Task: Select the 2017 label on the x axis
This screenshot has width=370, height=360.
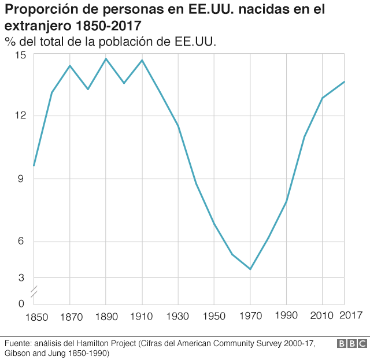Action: coord(350,316)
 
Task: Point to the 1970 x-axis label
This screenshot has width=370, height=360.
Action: coord(250,316)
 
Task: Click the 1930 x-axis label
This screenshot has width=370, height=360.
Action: coord(177,316)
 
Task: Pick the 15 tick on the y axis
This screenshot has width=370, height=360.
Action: coord(21,55)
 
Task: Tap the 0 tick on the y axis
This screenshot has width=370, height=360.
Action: coord(21,303)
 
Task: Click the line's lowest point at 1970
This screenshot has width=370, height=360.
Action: coord(250,269)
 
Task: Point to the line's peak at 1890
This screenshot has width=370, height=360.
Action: coord(106,58)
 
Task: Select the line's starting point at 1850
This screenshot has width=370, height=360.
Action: coord(34,166)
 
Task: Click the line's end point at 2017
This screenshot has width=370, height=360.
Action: coord(344,81)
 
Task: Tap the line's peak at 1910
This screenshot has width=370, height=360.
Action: coord(142,60)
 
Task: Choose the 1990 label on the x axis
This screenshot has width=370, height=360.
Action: coord(286,316)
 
